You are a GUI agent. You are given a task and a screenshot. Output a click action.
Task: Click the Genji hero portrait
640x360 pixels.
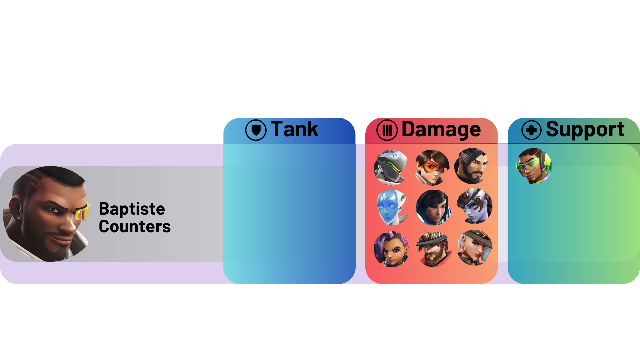point(391,167)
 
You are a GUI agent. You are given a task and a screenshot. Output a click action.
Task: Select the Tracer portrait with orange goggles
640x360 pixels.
point(433,167)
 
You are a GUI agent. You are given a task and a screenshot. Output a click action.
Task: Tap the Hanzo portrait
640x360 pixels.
point(472,166)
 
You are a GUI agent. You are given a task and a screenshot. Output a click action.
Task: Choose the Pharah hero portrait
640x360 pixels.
point(434,208)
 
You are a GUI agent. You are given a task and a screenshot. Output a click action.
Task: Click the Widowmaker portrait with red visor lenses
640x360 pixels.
point(475,206)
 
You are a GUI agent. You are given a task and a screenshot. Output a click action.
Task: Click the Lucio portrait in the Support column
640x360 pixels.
point(534,166)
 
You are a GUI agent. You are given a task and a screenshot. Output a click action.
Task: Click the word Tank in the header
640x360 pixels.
point(294,129)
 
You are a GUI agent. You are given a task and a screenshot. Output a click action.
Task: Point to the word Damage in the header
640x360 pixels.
point(441,129)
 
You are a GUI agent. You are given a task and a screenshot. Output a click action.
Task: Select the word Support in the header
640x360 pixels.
point(585,129)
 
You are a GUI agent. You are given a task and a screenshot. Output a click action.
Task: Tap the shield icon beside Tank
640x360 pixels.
point(256,130)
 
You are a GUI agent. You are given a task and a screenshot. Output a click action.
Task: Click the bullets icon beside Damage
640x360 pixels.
point(387,130)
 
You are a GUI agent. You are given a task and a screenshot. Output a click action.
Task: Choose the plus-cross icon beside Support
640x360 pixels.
point(531,130)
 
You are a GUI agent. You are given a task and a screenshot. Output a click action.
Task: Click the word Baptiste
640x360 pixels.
point(132,209)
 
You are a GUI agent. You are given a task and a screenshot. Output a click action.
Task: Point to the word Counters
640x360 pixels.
point(135,227)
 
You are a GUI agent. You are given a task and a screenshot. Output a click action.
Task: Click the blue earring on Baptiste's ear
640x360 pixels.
point(19,218)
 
